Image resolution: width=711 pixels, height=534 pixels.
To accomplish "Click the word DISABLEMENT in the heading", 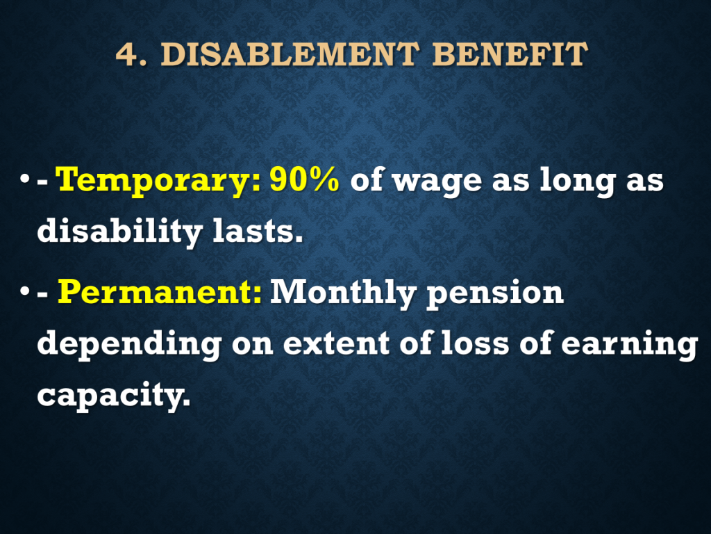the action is (290, 54).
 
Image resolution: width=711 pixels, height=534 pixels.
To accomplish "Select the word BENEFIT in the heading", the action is (510, 54).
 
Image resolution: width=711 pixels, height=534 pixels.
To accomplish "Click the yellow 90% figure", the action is (304, 180).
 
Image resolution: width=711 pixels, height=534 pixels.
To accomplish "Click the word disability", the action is (119, 232).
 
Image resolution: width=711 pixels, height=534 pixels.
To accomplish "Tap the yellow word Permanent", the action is (160, 293).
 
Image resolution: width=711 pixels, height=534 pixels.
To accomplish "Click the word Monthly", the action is (343, 293).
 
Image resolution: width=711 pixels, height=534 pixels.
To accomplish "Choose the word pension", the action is (495, 294).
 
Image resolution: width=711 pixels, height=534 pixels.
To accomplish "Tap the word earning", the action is (629, 345).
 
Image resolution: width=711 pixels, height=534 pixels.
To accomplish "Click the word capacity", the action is (114, 396).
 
